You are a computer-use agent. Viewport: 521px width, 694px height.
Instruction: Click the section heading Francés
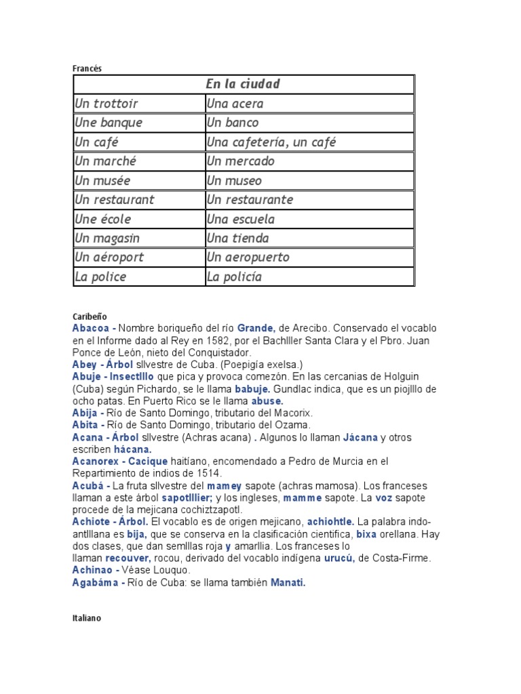[87, 68]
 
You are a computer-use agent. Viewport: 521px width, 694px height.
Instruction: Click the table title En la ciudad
[243, 84]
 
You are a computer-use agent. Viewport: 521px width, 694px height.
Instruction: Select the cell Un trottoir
[107, 104]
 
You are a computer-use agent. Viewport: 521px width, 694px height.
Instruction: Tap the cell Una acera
[235, 104]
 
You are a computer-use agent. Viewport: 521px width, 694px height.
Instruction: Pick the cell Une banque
[109, 123]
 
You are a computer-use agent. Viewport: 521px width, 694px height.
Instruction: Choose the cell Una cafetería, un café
[271, 142]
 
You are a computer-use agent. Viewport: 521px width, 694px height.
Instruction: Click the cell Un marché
[106, 161]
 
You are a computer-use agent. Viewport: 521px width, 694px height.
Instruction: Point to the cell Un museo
[234, 181]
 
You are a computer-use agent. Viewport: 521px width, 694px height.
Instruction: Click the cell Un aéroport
[109, 258]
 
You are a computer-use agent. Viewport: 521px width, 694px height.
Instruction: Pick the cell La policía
[234, 277]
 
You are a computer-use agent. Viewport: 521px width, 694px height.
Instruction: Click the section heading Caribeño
[90, 317]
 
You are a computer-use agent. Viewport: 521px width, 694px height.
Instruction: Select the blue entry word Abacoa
[91, 328]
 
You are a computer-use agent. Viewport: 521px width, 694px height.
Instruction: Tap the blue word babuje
[252, 389]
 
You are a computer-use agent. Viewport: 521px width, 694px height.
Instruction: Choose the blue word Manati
[288, 582]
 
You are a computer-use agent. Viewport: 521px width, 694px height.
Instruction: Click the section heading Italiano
[87, 618]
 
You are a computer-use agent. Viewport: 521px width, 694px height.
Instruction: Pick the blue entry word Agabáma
[96, 582]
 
